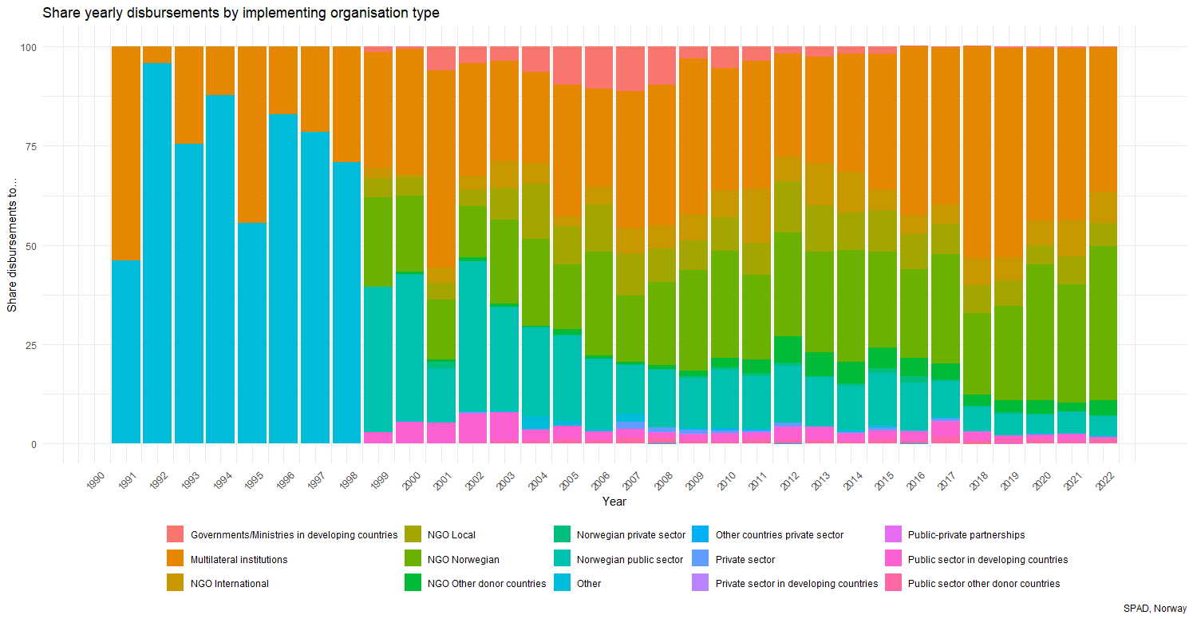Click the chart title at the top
240,14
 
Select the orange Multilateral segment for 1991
126,153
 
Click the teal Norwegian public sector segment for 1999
378,359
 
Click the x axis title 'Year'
614,502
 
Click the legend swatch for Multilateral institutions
176,558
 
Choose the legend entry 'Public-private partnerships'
966,535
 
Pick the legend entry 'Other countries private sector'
779,535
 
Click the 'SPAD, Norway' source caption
1155,608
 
